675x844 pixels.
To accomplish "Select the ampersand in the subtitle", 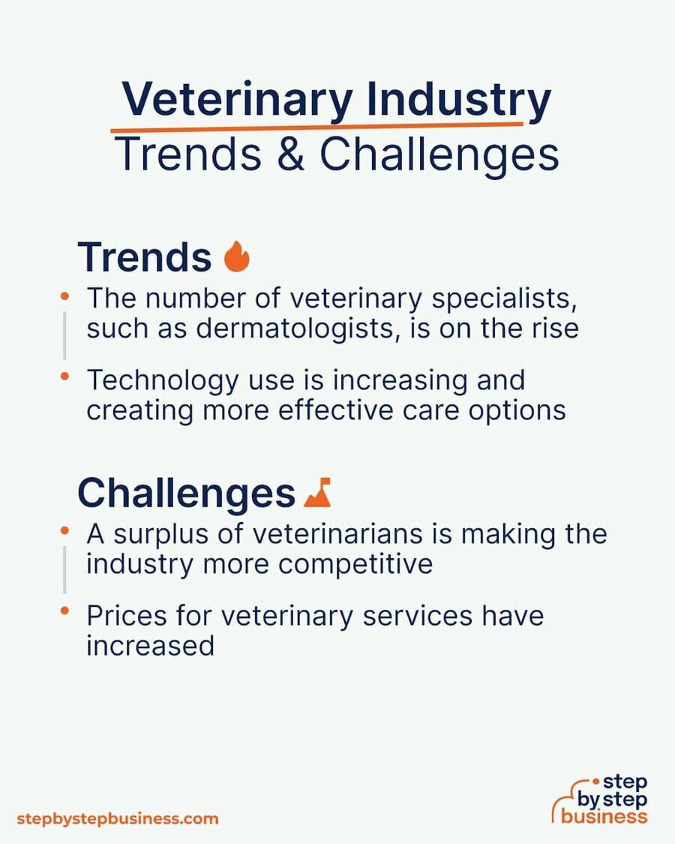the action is click(291, 154).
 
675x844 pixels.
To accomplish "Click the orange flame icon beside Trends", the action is click(237, 257).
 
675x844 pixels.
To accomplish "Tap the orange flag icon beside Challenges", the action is click(317, 492).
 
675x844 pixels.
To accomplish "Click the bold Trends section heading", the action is click(145, 257).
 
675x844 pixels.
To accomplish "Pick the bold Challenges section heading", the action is click(186, 493).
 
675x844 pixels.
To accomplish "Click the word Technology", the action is click(162, 380).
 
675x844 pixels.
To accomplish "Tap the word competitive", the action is click(355, 565).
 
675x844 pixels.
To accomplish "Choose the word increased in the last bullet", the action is click(150, 646).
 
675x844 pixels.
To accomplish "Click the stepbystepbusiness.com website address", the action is click(118, 818).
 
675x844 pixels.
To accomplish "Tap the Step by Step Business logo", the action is click(600, 799).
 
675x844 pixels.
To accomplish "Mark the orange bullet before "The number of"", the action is click(64, 296).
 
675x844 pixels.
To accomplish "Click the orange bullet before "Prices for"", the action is click(64, 611).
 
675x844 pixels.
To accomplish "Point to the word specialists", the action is click(504, 299).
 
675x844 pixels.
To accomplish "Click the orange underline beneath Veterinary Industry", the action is click(316, 127).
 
